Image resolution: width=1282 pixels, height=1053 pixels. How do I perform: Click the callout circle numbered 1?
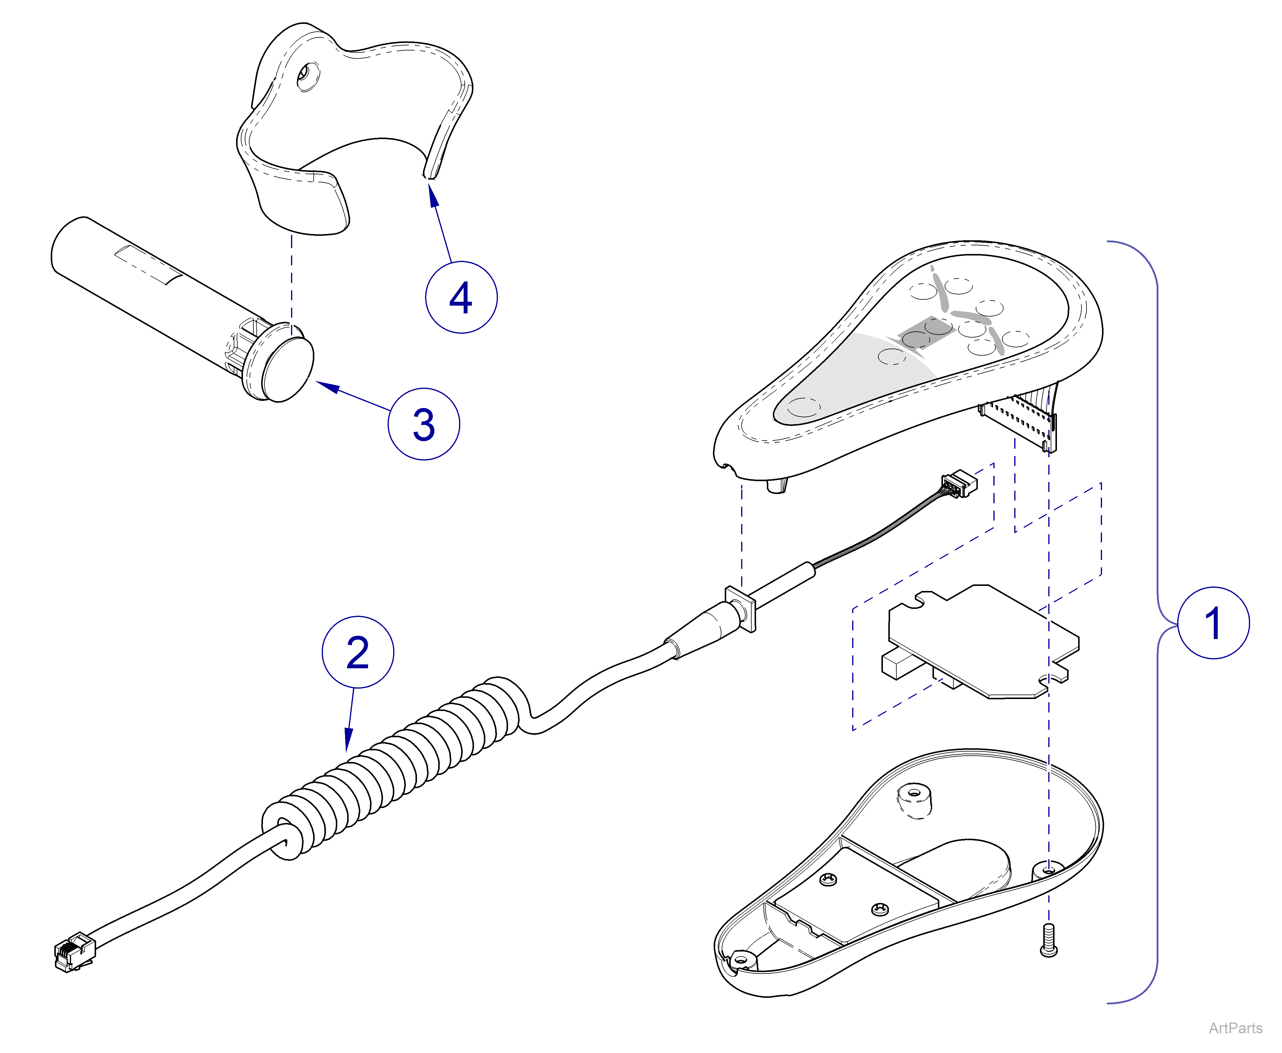(1213, 623)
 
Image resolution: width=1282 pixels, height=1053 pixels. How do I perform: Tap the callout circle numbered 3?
(423, 424)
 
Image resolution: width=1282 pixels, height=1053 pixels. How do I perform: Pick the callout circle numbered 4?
(461, 297)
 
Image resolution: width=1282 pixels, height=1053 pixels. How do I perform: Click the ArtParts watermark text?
(1235, 1028)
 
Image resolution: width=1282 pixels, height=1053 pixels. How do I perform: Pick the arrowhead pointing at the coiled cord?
(348, 743)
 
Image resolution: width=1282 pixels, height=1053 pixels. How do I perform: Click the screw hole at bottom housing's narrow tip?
(741, 960)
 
